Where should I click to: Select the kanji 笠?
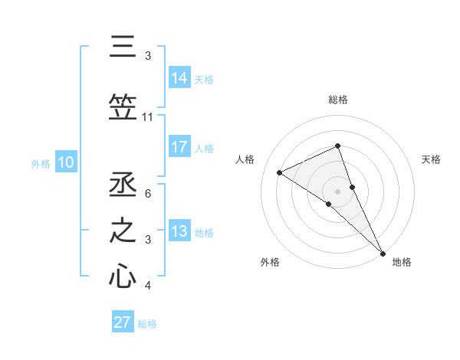click(123, 107)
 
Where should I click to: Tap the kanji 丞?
click(123, 185)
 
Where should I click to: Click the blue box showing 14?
click(179, 78)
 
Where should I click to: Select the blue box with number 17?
click(179, 147)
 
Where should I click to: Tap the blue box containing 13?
click(179, 231)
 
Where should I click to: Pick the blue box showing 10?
click(66, 162)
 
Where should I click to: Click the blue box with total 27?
click(123, 322)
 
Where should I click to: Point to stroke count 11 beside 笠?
click(147, 117)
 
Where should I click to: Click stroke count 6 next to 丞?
click(147, 194)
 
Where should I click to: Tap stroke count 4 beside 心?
click(147, 286)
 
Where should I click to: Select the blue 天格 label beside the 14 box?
click(204, 79)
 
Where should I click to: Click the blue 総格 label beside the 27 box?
click(147, 324)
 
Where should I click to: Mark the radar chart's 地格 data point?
click(383, 252)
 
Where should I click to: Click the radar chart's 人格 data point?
click(280, 172)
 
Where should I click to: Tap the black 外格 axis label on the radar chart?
click(270, 262)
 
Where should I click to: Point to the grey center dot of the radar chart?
click(337, 191)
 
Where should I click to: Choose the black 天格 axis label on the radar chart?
click(432, 159)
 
